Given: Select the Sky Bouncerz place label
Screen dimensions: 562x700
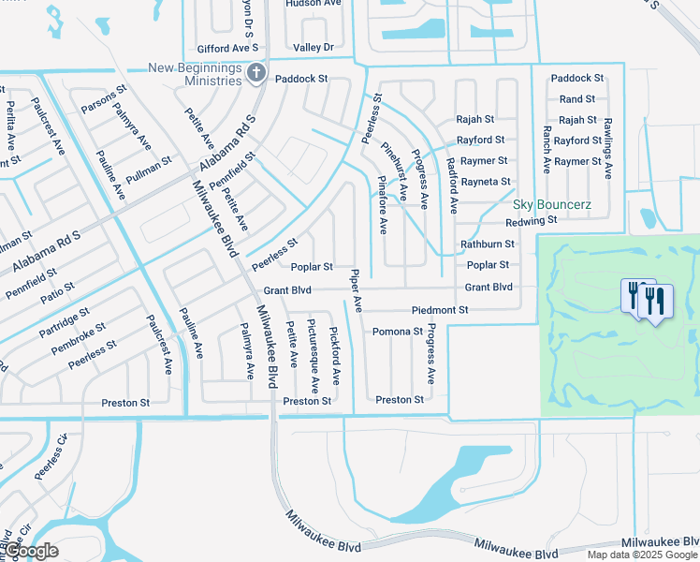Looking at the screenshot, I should pos(547,203).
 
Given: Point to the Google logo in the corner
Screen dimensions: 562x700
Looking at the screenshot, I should pos(30,551).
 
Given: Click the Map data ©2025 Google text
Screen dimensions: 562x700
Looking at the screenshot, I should pos(642,555).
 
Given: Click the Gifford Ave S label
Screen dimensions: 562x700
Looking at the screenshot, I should pos(227,48).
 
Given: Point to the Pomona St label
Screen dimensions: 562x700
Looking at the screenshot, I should pos(397,332).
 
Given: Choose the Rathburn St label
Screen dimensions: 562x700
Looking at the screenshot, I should pos(488,244).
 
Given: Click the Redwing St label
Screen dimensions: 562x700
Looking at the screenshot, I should pos(531,221).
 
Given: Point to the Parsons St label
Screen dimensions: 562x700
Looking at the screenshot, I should pos(104,101).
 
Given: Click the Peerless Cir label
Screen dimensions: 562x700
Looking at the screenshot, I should pos(51,464).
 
